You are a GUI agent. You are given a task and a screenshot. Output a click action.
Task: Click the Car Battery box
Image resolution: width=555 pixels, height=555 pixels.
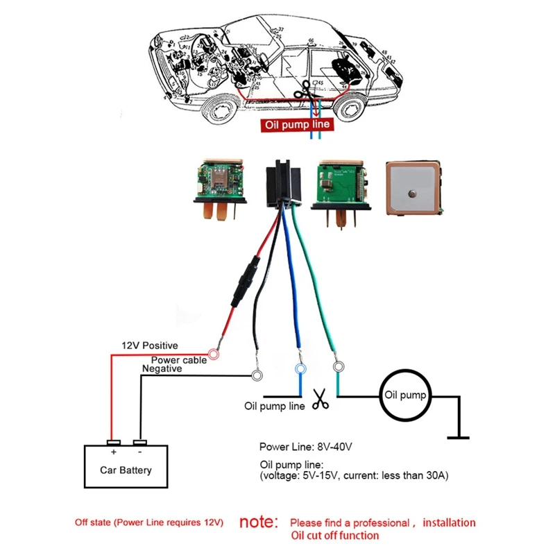pyautogui.click(x=126, y=469)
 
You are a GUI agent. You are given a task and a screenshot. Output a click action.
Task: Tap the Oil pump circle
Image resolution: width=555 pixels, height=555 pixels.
pyautogui.click(x=407, y=396)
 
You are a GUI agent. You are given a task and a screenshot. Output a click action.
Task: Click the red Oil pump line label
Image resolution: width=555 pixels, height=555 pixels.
pyautogui.click(x=298, y=126)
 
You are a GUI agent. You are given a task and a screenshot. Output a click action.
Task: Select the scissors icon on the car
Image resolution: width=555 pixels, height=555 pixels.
pyautogui.click(x=302, y=91)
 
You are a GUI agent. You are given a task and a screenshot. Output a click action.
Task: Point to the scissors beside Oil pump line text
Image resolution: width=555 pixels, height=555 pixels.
pyautogui.click(x=321, y=399)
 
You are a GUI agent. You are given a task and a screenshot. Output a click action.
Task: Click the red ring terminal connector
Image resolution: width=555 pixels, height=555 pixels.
pyautogui.click(x=214, y=354)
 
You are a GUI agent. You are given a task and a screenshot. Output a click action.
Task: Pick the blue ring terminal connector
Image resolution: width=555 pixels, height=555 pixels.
pyautogui.click(x=300, y=368)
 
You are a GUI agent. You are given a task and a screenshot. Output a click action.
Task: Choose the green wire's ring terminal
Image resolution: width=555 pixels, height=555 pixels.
pyautogui.click(x=339, y=366)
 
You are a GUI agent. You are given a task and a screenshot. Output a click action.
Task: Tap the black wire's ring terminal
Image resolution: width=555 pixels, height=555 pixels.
pyautogui.click(x=257, y=376)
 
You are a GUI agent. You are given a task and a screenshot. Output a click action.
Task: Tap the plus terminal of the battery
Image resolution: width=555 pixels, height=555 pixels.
pyautogui.click(x=113, y=443)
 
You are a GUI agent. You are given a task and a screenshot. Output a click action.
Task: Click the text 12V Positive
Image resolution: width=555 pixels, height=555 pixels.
pyautogui.click(x=150, y=345)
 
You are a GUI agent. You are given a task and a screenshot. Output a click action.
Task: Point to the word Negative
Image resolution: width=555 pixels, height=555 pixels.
pyautogui.click(x=162, y=369)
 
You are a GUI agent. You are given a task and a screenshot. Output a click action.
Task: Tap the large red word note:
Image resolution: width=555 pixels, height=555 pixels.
pyautogui.click(x=258, y=522)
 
